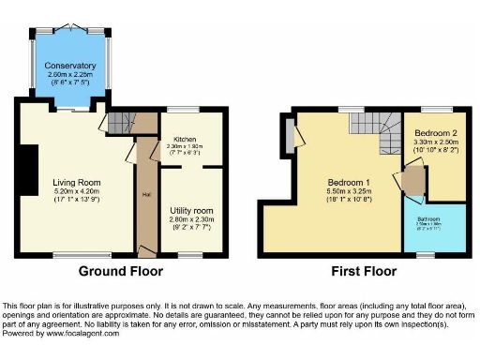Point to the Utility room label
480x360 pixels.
191,211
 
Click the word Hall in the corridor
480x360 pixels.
146,194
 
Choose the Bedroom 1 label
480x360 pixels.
349,182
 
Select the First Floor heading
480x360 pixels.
364,272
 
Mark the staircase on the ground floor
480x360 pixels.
120,122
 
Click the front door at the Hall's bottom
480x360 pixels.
144,251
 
